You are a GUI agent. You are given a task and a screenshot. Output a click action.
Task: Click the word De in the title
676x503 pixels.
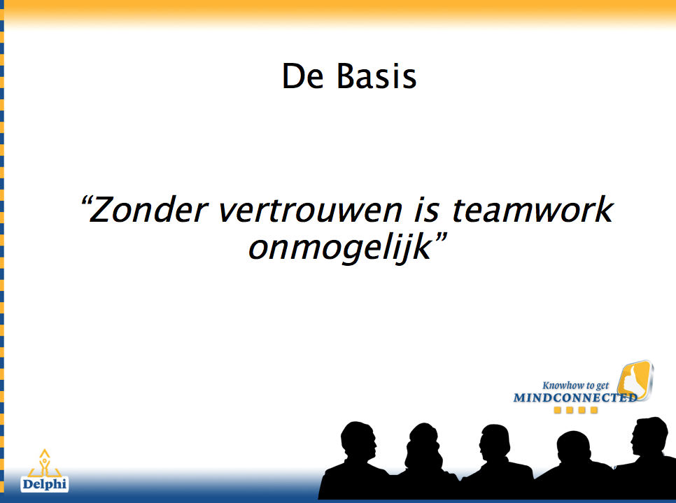click(x=302, y=76)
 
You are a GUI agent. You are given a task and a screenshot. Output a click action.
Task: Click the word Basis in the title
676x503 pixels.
click(x=376, y=76)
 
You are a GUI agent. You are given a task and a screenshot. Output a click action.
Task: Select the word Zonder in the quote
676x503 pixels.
click(x=148, y=210)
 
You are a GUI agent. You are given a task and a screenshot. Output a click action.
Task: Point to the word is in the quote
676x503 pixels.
click(x=427, y=210)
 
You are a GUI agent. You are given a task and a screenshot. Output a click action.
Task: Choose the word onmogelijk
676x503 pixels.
click(x=340, y=248)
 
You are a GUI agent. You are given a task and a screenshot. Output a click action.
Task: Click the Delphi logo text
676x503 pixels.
click(x=44, y=484)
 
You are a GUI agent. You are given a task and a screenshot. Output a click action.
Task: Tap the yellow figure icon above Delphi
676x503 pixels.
click(x=44, y=462)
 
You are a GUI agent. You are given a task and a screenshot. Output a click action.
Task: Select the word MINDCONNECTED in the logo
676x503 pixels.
click(x=575, y=397)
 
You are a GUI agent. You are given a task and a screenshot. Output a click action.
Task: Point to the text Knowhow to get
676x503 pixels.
click(x=575, y=385)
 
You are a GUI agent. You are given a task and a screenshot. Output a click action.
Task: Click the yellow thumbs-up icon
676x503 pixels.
click(x=635, y=381)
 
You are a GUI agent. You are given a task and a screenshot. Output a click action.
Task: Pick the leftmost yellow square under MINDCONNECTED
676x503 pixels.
click(x=558, y=410)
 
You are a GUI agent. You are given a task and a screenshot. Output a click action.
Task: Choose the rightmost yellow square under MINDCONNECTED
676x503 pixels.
click(x=594, y=410)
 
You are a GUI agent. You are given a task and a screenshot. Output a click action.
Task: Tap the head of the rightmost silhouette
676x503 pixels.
click(x=649, y=435)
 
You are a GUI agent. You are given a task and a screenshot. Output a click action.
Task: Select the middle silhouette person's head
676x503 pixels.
click(x=495, y=444)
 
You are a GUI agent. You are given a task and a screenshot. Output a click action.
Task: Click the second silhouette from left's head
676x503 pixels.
click(x=425, y=444)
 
